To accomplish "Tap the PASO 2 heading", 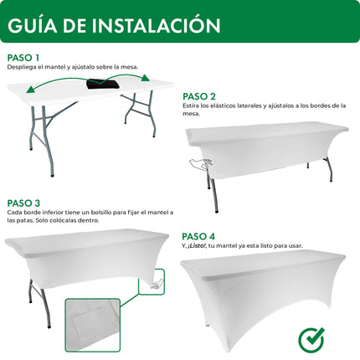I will tap(199, 96).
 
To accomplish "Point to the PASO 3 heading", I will tap(23, 203).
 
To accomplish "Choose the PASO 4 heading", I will tap(199, 235).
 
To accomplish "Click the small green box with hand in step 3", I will tap(155, 286).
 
